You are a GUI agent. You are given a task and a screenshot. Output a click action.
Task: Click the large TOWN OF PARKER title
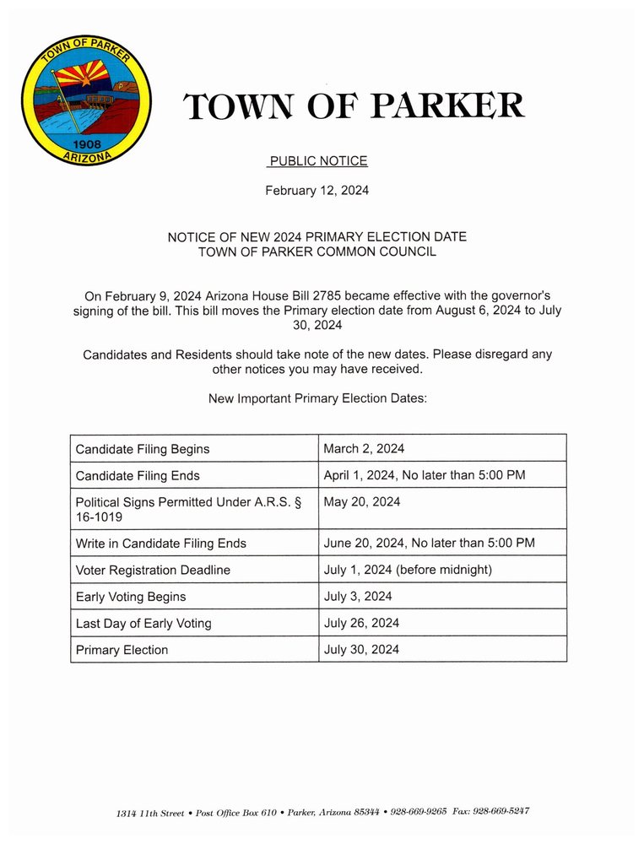[x=354, y=107]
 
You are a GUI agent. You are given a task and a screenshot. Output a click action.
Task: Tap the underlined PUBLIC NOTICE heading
[x=318, y=161]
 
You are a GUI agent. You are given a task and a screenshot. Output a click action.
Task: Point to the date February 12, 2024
[x=317, y=191]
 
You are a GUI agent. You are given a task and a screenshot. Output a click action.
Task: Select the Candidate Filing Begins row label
[x=143, y=449]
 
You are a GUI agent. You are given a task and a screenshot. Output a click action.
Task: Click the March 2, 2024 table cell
[x=364, y=448]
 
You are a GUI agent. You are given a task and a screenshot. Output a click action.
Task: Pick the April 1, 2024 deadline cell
[x=425, y=475]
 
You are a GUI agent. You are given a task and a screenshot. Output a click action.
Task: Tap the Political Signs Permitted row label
[x=188, y=509]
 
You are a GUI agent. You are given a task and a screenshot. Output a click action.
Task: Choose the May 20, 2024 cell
[x=361, y=502]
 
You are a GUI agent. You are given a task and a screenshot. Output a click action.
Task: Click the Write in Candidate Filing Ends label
[x=160, y=544]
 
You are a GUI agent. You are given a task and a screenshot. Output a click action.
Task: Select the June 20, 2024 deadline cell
[x=429, y=543]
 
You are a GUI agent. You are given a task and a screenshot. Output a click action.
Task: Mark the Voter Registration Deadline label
[x=153, y=571]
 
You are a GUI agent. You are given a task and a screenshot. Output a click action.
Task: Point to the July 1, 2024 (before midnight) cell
[x=408, y=570]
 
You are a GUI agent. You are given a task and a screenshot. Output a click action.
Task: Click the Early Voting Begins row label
[x=131, y=597]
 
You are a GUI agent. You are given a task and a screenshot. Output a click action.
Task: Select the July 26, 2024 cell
[x=361, y=623]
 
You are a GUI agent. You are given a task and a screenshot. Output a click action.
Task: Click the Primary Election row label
[x=122, y=650]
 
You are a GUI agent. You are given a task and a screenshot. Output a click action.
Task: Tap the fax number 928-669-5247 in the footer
[x=503, y=811]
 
